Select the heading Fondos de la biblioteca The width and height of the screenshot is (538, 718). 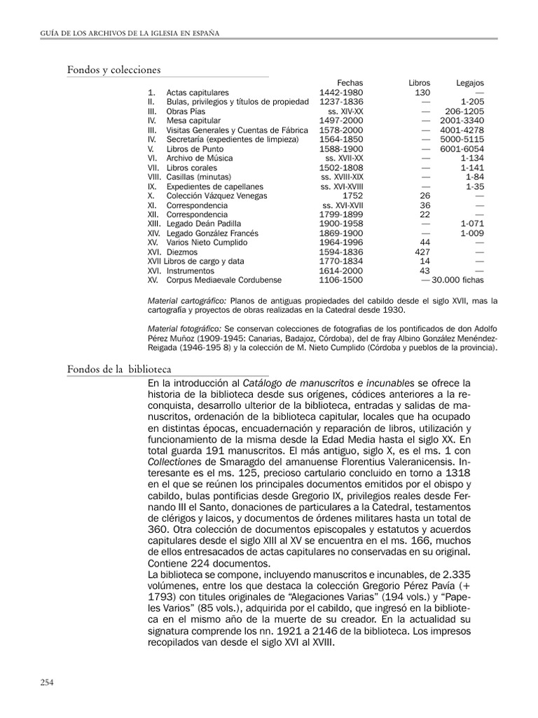(119, 369)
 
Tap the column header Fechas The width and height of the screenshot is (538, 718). (350, 83)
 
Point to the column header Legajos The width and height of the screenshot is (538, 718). (469, 83)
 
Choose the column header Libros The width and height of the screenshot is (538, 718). (420, 83)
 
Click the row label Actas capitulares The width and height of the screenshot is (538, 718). (198, 93)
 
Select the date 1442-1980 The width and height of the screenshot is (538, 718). (341, 93)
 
